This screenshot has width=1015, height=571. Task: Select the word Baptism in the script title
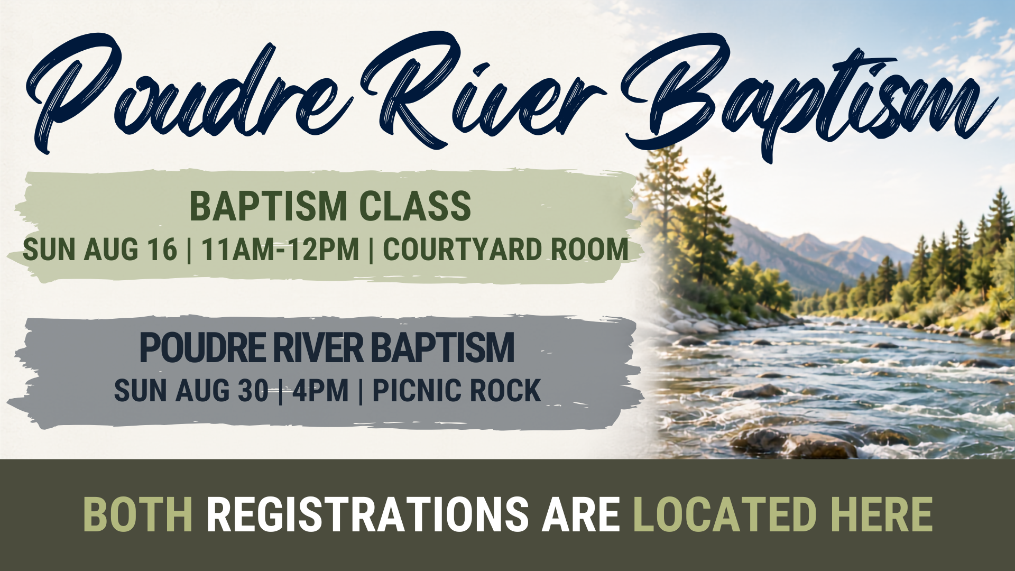(809, 98)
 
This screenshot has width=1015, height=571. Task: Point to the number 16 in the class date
(162, 250)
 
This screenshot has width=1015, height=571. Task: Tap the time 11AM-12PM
(280, 250)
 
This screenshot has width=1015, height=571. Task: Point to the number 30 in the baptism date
(253, 391)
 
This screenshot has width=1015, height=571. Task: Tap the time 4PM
(320, 391)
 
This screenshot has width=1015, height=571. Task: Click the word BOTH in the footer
(138, 514)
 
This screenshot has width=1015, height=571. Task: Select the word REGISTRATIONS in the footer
(367, 514)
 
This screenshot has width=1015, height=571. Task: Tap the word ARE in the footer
(580, 514)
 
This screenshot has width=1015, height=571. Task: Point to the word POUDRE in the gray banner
(202, 347)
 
